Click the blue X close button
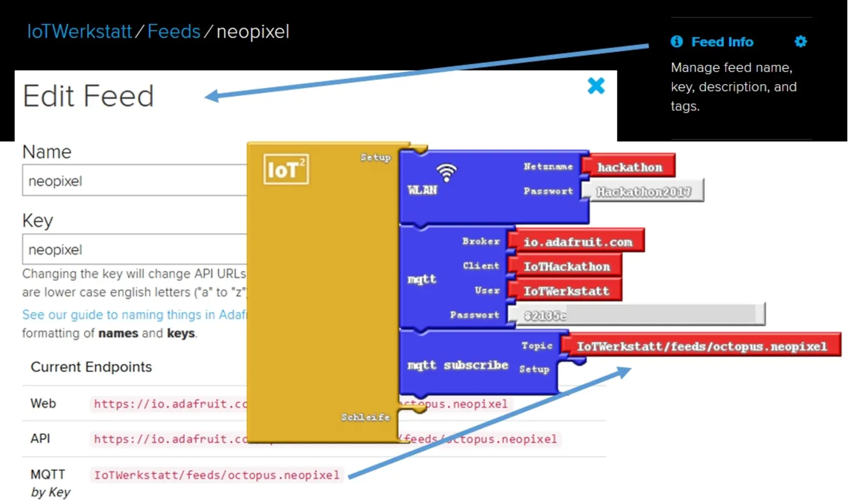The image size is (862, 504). pos(596,86)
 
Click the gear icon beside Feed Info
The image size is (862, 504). pos(801,42)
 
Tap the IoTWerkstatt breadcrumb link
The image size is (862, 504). pos(79,32)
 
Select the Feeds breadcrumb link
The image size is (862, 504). pos(173,32)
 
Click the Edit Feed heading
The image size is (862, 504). pos(88,96)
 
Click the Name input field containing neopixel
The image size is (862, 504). pos(135,181)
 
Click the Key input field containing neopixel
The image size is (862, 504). pos(135,250)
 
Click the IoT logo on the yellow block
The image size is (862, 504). pos(286,169)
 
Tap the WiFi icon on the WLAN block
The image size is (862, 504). pos(446,172)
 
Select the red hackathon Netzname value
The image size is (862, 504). pos(630,167)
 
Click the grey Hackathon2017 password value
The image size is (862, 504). pos(644,191)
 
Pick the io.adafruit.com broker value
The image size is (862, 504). pos(578,242)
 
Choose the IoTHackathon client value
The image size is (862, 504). pos(567,266)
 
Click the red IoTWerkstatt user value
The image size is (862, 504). pos(566,291)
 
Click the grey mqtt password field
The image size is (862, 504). pos(636,315)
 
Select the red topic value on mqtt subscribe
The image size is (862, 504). pos(701,346)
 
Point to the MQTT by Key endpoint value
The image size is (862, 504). pos(217,475)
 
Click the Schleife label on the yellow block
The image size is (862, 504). pos(365,417)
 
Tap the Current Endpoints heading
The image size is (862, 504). pos(91,367)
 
